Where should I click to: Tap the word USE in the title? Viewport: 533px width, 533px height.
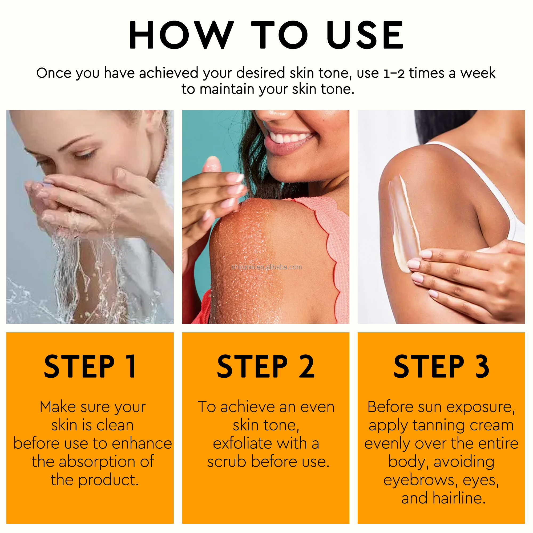(365, 35)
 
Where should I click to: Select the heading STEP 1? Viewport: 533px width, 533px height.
(90, 366)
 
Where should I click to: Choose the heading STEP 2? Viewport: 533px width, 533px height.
(266, 366)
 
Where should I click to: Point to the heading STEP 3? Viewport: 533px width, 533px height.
(441, 366)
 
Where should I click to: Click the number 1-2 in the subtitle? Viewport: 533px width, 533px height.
(394, 73)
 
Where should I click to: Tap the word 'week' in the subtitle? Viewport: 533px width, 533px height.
(478, 73)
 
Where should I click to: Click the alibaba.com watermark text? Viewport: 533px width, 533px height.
(266, 267)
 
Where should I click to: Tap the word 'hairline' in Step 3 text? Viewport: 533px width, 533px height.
(459, 499)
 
